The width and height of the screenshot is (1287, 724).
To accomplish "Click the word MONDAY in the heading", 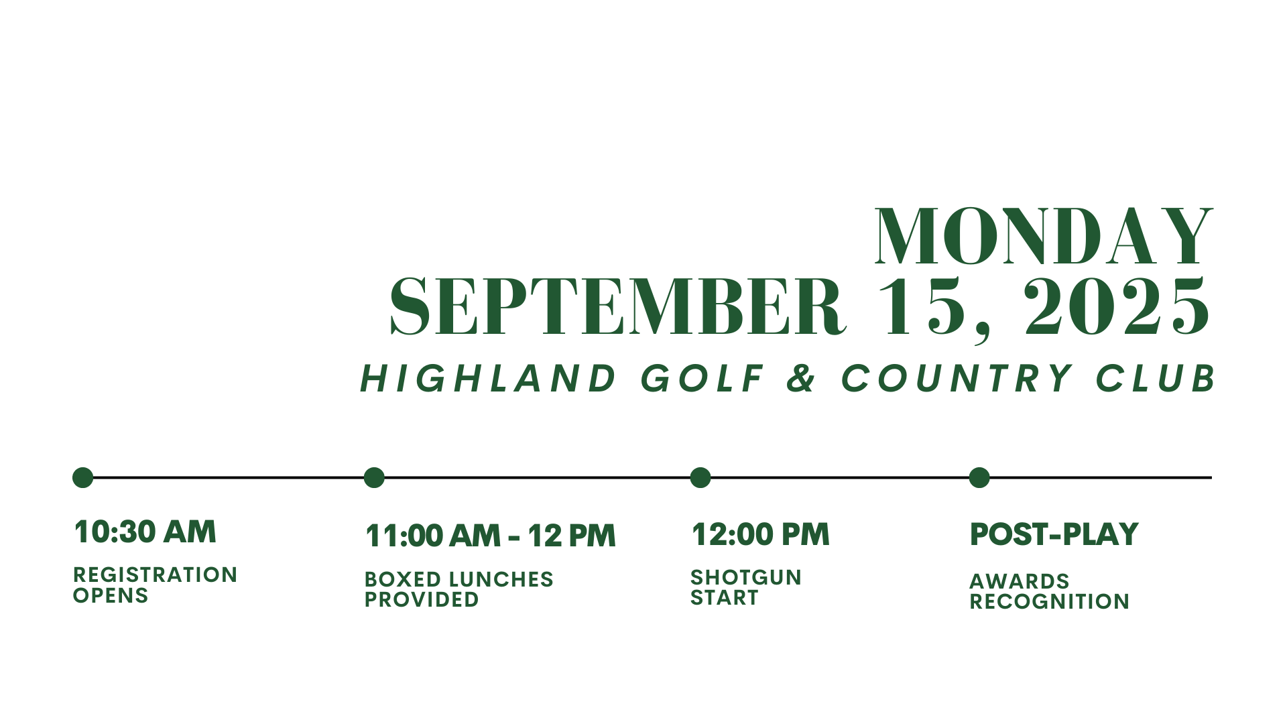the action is (x=1044, y=237).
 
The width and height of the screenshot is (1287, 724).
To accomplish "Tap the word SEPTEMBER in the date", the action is (x=617, y=306).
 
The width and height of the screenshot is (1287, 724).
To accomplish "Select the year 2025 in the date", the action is (x=1117, y=306).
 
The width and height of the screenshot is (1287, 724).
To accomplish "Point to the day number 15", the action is (x=926, y=306).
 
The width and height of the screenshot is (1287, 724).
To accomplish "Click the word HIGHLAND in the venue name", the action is (x=488, y=378).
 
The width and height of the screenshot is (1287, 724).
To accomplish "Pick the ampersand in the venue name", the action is (x=802, y=378).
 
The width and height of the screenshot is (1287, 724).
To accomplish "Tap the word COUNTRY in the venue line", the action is (x=957, y=378).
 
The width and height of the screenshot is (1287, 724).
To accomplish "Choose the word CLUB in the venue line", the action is (x=1156, y=378).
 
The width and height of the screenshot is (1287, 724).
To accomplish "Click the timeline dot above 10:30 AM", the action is (x=82, y=478).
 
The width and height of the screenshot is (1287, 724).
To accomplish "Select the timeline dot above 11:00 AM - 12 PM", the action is (x=374, y=478).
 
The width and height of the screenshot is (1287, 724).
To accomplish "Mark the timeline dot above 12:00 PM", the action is (x=700, y=478).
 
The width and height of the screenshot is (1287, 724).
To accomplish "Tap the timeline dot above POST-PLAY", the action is (x=979, y=478).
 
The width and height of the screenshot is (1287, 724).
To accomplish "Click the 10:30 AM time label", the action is (x=145, y=532).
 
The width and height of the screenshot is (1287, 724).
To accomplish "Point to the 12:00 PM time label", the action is (x=760, y=535).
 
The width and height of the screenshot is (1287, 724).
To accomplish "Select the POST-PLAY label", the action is (x=1054, y=535).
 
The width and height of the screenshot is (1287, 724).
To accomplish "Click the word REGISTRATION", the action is (x=156, y=575).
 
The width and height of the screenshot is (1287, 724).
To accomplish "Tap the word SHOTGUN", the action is (x=746, y=577).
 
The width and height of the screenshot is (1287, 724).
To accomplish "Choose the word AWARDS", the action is (x=1020, y=581).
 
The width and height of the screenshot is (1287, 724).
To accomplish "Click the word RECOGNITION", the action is (x=1050, y=602).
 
